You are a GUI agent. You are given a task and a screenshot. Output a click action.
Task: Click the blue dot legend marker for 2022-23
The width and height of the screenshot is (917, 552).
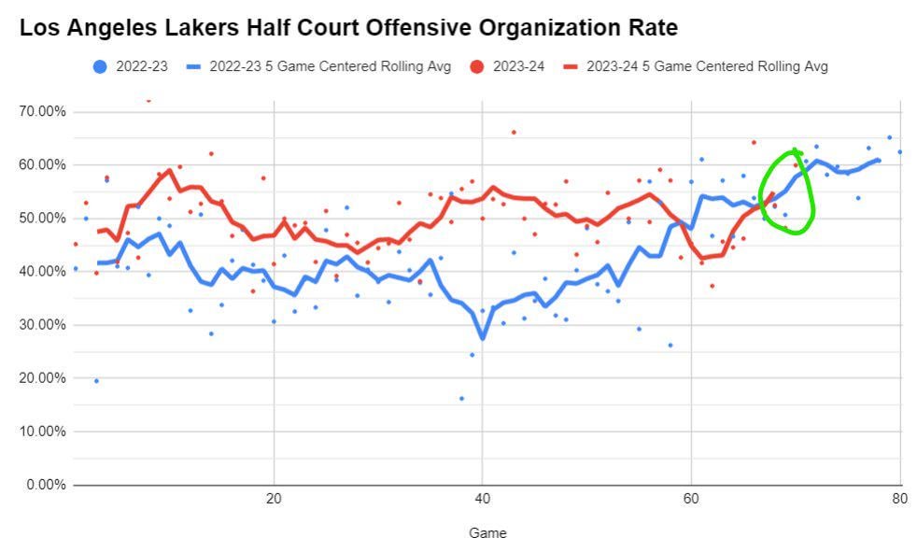(x=100, y=66)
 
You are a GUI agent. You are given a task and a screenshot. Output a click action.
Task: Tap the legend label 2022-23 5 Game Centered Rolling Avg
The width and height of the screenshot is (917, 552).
(x=330, y=66)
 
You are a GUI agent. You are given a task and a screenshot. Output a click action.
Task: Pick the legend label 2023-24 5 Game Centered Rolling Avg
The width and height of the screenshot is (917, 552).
(x=707, y=66)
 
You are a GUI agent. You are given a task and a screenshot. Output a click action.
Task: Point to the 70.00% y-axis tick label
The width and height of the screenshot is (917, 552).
(x=42, y=111)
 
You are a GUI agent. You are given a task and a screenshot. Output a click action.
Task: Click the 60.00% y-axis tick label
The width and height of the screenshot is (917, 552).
(x=42, y=164)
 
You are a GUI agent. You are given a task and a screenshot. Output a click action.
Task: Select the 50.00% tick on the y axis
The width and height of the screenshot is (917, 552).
(x=42, y=218)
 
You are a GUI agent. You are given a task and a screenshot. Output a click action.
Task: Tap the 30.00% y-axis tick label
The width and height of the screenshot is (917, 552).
(x=42, y=325)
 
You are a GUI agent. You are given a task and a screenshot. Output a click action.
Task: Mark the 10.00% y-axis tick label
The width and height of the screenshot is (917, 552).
(x=42, y=432)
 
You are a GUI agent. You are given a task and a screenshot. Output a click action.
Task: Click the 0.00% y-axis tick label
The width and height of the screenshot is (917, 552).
(x=45, y=485)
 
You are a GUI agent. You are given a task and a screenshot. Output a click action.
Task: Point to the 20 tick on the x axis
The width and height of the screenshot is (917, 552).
(x=274, y=499)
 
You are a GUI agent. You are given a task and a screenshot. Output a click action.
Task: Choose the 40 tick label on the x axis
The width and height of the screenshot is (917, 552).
(x=482, y=499)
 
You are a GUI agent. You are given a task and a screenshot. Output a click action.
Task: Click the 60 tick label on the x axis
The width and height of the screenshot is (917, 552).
(x=690, y=499)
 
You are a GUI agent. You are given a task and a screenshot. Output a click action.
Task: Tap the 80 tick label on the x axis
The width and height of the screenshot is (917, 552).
(x=898, y=499)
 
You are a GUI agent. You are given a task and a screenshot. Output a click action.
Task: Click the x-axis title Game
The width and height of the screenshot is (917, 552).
(x=487, y=533)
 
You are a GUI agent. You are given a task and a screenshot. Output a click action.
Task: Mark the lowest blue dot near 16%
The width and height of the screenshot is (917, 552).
(x=461, y=399)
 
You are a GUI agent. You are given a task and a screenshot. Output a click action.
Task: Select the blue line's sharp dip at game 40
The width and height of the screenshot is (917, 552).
(x=482, y=338)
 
